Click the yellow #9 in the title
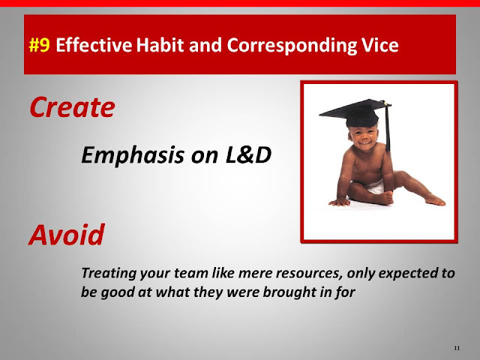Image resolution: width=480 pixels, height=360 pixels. [39, 45]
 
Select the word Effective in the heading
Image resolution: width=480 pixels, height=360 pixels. [94, 45]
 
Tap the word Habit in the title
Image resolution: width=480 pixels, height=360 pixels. [160, 45]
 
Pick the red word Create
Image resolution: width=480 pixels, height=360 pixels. [72, 107]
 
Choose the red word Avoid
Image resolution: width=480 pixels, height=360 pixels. [67, 235]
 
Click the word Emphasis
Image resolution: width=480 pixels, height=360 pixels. [133, 155]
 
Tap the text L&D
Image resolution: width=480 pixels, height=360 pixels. [248, 154]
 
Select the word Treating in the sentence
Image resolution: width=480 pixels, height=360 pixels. [109, 273]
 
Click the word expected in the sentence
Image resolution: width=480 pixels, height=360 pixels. [408, 274]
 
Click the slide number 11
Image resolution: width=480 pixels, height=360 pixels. [457, 348]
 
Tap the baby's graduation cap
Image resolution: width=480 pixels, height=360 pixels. [355, 112]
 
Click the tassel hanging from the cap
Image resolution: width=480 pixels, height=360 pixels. [388, 128]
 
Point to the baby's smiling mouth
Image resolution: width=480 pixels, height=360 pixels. [364, 143]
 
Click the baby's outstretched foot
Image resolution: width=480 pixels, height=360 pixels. [435, 200]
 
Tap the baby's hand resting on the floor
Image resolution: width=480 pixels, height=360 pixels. [339, 202]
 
